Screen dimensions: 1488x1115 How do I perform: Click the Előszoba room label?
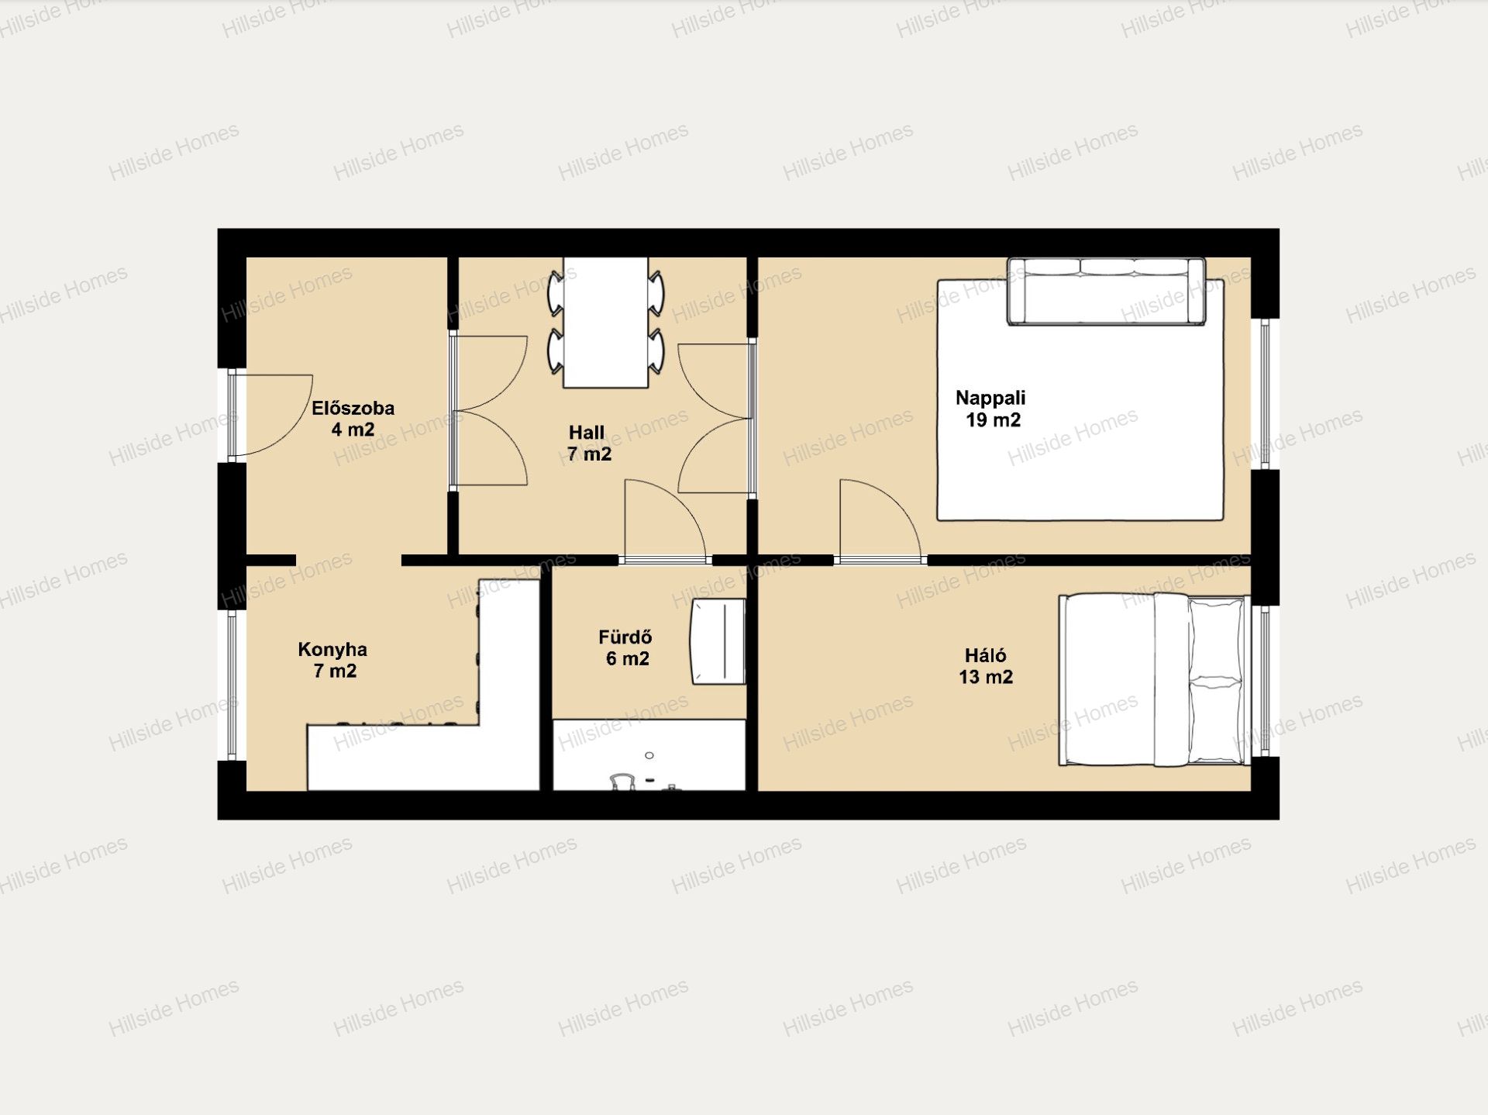(353, 419)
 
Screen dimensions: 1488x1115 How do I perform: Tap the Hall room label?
(588, 444)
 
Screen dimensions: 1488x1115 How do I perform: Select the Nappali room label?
(991, 409)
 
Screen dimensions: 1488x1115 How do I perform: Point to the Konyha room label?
(333, 660)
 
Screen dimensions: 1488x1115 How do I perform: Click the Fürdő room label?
(626, 647)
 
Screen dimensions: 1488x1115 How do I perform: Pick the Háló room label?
(986, 666)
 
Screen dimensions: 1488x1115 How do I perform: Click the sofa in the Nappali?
(1106, 292)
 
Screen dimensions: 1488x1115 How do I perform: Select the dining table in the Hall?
(606, 323)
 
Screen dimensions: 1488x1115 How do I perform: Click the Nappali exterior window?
(1265, 394)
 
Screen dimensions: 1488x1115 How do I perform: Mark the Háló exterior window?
(1265, 681)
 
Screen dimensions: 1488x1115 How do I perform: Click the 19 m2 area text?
(993, 420)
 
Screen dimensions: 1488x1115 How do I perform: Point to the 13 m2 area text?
(986, 677)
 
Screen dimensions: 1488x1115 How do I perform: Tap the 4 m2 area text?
(353, 430)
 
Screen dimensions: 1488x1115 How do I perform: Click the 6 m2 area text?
(628, 658)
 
